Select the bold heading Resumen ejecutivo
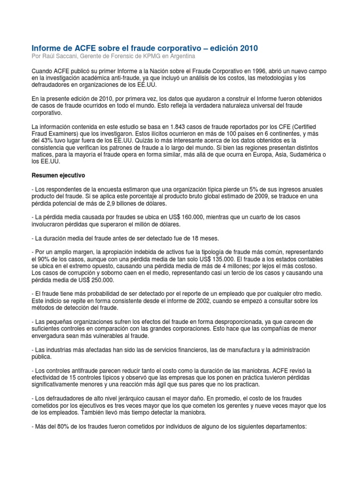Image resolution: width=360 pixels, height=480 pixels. coord(58,175)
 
